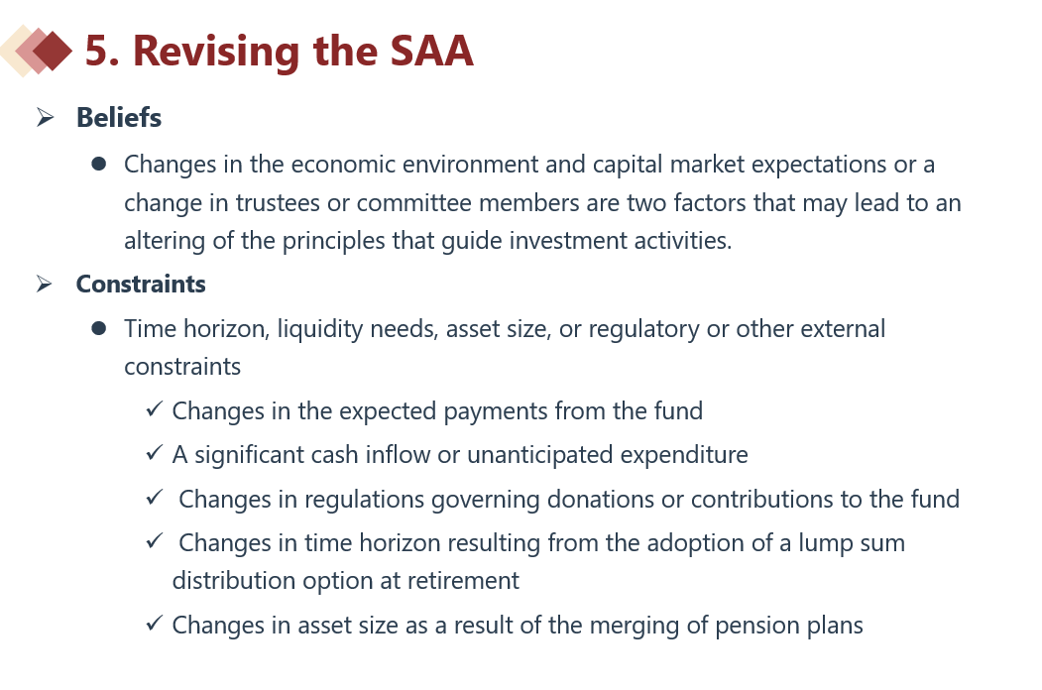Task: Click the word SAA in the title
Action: [431, 51]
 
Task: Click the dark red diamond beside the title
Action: [53, 51]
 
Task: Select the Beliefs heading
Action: [119, 118]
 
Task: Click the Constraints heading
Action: [141, 284]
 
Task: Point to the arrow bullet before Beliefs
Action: [46, 118]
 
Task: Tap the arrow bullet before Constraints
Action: [45, 284]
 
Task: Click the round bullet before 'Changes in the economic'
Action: [99, 165]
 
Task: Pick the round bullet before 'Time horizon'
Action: [99, 328]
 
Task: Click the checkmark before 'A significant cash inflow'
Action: [155, 453]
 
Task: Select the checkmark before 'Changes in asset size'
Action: [155, 624]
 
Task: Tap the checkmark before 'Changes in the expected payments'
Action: [155, 409]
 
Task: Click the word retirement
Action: [463, 581]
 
